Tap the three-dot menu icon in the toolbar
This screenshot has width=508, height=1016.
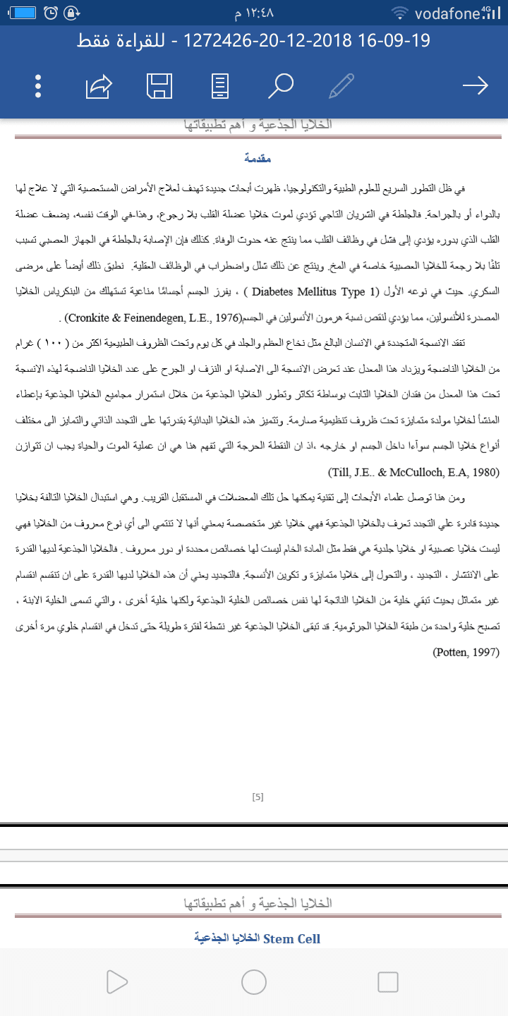38,86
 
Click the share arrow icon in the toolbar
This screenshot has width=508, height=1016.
99,86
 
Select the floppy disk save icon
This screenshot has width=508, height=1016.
159,86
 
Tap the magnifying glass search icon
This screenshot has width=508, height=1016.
280,86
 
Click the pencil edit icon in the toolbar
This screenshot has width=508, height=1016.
341,86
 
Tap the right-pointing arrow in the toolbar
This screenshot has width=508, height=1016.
475,86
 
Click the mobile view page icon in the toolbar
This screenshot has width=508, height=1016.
220,86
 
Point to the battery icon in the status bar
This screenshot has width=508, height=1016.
24,13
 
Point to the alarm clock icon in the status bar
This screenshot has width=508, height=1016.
51,13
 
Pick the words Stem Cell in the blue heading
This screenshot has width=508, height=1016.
291,939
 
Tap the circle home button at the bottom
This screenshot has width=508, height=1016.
253,981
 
